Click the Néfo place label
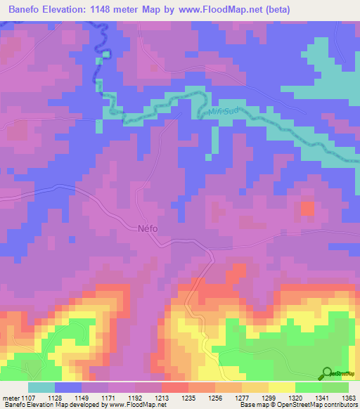click(x=148, y=228)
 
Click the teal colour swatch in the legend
click(x=41, y=387)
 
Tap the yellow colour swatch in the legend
click(x=282, y=387)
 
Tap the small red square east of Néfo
click(x=308, y=208)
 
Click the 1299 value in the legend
click(x=262, y=397)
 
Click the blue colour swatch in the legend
click(x=68, y=387)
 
